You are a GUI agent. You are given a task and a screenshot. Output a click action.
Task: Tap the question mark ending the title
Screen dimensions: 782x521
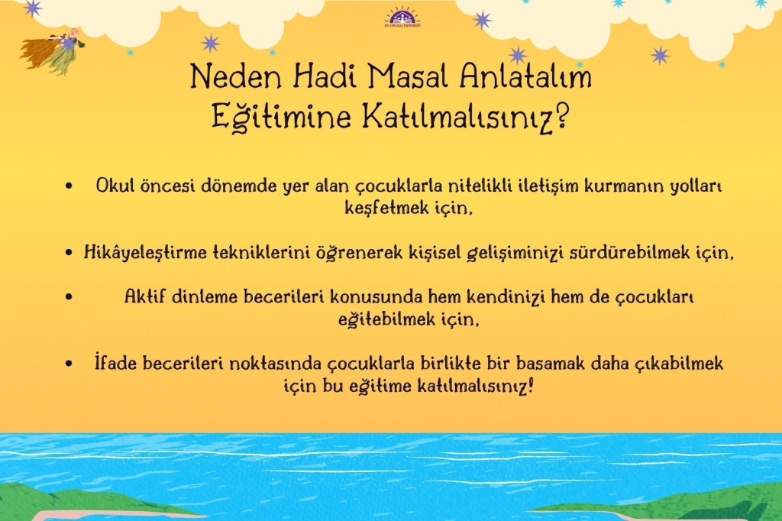(561, 115)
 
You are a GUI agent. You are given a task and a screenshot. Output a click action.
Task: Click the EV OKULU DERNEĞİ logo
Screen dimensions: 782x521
(402, 18)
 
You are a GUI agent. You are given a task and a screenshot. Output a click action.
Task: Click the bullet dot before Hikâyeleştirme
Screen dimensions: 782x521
(69, 253)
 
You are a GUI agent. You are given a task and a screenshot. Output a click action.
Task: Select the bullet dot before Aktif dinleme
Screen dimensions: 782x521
(69, 297)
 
